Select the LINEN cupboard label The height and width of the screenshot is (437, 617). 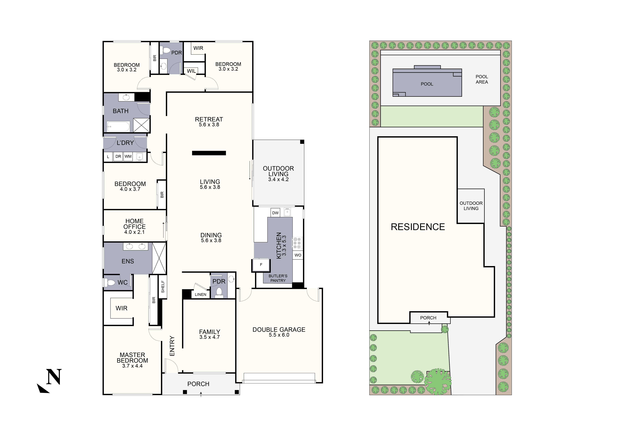(200, 294)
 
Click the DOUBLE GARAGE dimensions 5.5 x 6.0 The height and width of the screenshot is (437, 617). (279, 335)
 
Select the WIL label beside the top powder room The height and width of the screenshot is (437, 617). (191, 71)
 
